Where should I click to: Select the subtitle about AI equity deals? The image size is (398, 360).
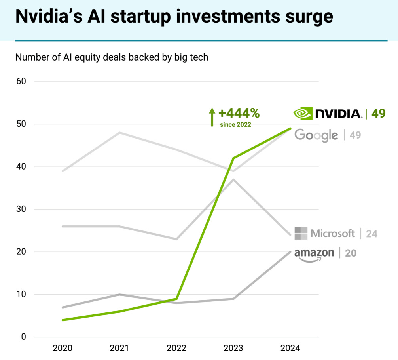pyautogui.click(x=112, y=57)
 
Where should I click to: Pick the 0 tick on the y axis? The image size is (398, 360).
pyautogui.click(x=23, y=337)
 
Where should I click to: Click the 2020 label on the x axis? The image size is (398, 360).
pyautogui.click(x=63, y=349)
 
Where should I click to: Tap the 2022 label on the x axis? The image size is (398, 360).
pyautogui.click(x=176, y=349)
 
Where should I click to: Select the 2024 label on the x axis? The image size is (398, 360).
pyautogui.click(x=290, y=349)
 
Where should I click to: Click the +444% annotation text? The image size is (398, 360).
pyautogui.click(x=239, y=114)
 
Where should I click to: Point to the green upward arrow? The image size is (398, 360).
pyautogui.click(x=212, y=117)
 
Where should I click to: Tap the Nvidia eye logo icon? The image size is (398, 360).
pyautogui.click(x=302, y=114)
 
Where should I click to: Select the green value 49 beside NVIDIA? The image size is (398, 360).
pyautogui.click(x=378, y=114)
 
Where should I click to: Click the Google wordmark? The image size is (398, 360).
pyautogui.click(x=316, y=135)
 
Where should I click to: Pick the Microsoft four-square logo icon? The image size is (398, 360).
pyautogui.click(x=301, y=233)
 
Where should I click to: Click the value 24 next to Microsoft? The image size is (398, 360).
pyautogui.click(x=371, y=234)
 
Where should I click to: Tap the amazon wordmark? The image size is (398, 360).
pyautogui.click(x=314, y=253)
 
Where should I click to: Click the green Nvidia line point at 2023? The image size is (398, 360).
pyautogui.click(x=233, y=158)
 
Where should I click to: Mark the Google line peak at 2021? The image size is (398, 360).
pyautogui.click(x=119, y=133)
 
